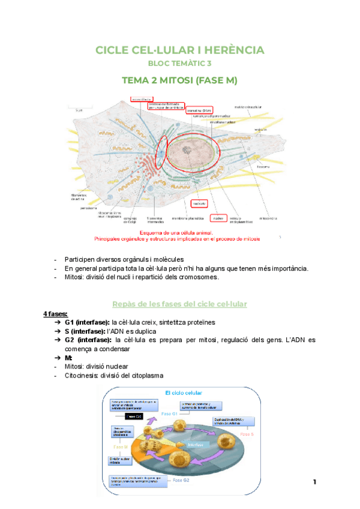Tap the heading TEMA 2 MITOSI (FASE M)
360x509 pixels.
[x=179, y=80]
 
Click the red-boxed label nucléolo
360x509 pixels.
[x=199, y=203]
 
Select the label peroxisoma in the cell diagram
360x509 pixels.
[x=81, y=208]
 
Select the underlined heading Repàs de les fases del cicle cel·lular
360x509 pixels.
[x=179, y=304]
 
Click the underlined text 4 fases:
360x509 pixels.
[x=55, y=314]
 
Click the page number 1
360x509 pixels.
[x=314, y=482]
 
